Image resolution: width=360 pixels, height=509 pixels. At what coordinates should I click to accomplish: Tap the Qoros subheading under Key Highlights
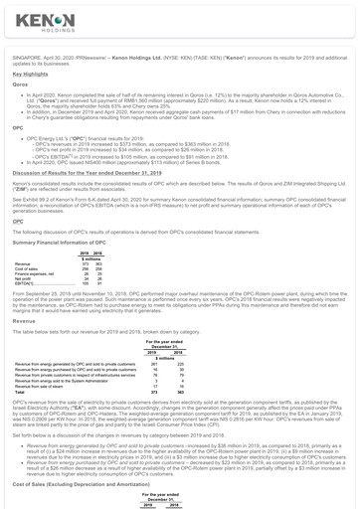pos(19,85)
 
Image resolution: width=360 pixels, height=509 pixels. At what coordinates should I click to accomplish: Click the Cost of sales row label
pos(28,268)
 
